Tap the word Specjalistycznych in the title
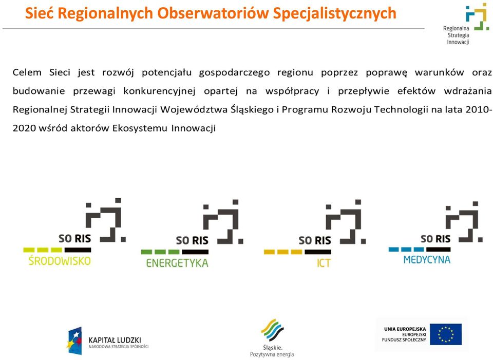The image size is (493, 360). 334,14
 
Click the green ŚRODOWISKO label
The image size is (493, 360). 60,260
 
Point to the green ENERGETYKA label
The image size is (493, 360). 177,263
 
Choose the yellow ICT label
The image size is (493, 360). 324,263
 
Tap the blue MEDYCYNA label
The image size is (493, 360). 427,260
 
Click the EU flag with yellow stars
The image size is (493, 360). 446,334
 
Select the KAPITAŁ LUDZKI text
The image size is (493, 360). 115,340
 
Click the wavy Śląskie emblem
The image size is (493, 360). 272,330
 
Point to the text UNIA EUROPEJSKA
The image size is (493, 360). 405,329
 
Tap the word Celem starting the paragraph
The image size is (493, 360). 27,72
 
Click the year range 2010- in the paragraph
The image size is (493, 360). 479,110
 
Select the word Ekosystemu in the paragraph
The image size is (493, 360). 140,128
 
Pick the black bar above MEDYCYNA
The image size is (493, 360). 438,249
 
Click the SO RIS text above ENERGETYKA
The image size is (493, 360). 192,240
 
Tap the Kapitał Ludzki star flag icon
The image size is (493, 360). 75,340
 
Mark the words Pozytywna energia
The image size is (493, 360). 272,354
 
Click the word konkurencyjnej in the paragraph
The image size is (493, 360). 159,91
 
